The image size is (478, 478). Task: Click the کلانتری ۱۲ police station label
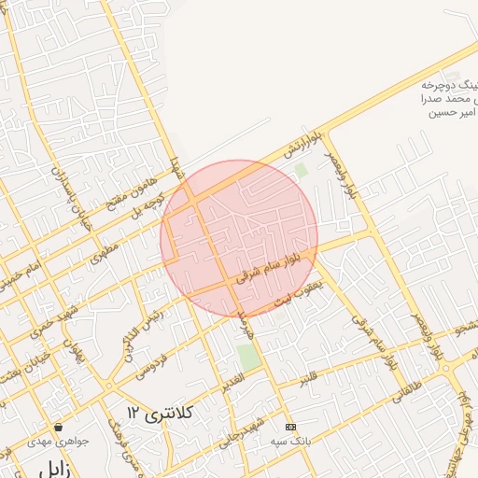click(160, 412)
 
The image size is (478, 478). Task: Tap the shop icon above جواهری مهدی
click(59, 427)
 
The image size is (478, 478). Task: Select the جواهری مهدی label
click(58, 442)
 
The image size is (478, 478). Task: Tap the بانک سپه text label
click(288, 438)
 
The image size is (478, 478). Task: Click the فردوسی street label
click(149, 358)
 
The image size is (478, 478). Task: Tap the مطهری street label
click(105, 256)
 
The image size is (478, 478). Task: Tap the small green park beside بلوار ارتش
click(301, 171)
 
